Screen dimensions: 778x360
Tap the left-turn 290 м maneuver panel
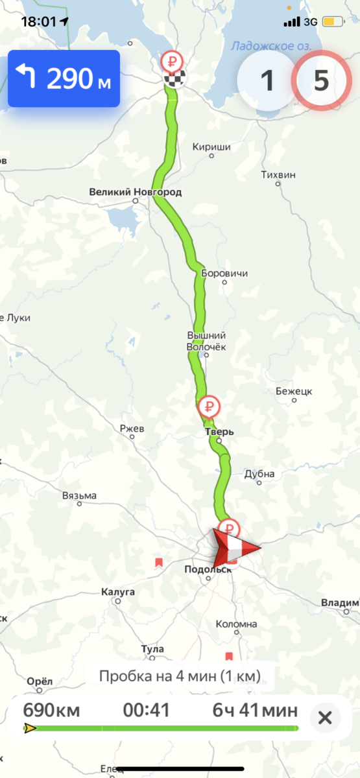tap(64, 78)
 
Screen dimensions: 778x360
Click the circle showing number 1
tap(267, 80)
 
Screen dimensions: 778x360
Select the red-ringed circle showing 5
tap(322, 80)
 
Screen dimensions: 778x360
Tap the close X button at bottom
tap(326, 718)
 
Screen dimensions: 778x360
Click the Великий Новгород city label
tap(135, 192)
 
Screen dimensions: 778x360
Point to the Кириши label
tap(211, 147)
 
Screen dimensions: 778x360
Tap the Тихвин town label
tap(278, 175)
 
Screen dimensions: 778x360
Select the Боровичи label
tap(225, 273)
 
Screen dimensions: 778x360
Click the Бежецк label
tap(294, 392)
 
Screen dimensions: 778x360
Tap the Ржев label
tap(132, 429)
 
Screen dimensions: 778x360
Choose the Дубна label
tap(259, 474)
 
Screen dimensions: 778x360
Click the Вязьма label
tap(79, 496)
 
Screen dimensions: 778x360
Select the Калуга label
tap(118, 592)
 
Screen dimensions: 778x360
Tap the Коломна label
tap(237, 624)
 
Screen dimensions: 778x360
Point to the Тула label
tap(152, 649)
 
